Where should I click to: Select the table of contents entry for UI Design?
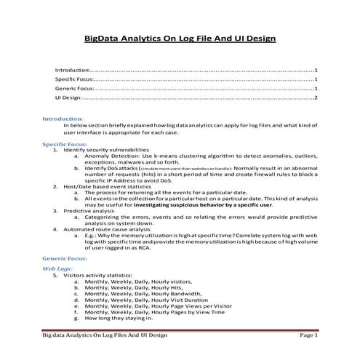(68, 97)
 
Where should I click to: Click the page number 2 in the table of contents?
(316, 97)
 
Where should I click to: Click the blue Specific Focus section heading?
(65, 145)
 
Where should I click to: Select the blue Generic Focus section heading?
(64, 258)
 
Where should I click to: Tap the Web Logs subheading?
(57, 269)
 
